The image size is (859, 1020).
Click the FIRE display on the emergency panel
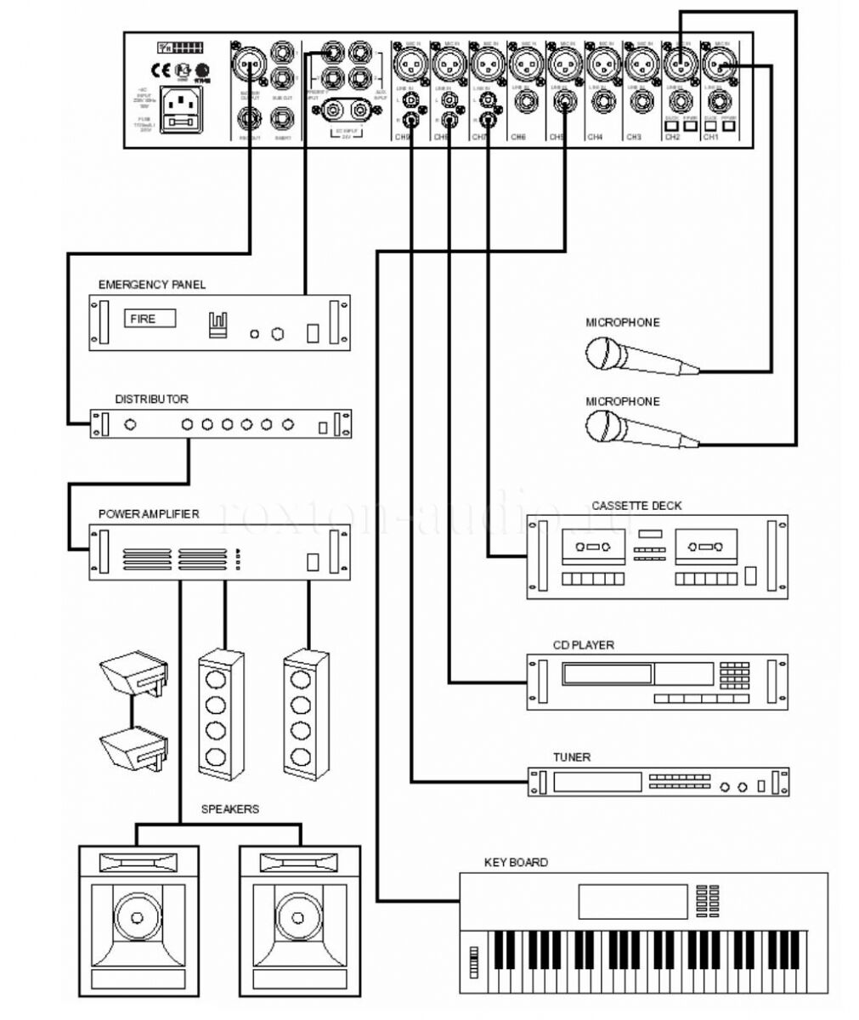151,319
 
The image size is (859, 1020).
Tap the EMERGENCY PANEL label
151,285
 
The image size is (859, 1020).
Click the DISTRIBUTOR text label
152,399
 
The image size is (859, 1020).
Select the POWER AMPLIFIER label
149,514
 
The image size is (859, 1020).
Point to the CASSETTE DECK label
636,506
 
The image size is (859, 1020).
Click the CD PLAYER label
583,645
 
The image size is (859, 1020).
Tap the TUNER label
571,757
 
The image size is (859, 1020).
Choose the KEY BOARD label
516,862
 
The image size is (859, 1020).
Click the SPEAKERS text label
229,809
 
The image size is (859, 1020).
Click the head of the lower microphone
605,424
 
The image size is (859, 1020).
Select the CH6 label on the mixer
518,137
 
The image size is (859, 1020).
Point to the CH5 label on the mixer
557,137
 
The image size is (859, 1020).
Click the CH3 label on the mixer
633,137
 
